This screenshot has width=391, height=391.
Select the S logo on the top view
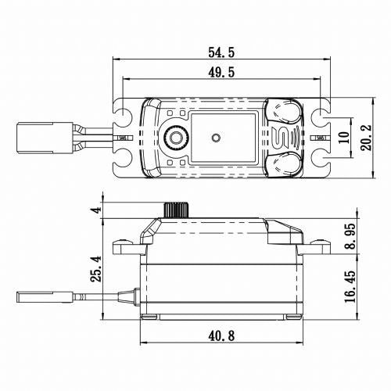click(285, 138)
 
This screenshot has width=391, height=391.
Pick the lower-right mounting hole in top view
click(321, 160)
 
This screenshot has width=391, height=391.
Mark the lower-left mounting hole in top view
click(123, 160)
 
